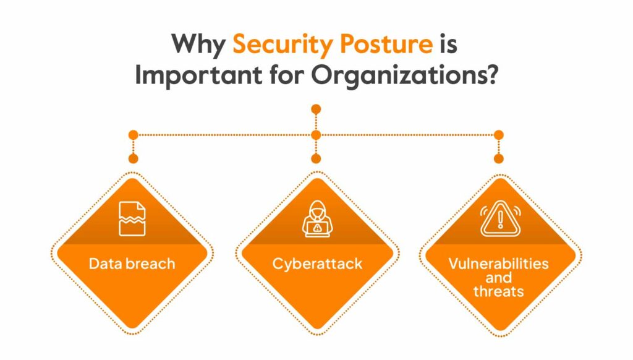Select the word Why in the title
click(198, 44)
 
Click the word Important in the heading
click(198, 75)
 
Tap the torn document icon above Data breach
click(132, 218)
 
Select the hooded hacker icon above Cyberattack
click(317, 218)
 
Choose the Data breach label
click(132, 264)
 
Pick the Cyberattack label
click(317, 264)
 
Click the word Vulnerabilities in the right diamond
click(499, 264)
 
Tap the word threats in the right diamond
click(499, 291)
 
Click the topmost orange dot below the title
click(316, 109)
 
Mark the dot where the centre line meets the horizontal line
click(316, 135)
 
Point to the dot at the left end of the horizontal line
click(134, 135)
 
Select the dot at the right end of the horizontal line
click(499, 135)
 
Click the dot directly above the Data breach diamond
click(134, 159)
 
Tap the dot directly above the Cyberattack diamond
click(316, 159)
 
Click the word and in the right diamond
click(499, 278)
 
